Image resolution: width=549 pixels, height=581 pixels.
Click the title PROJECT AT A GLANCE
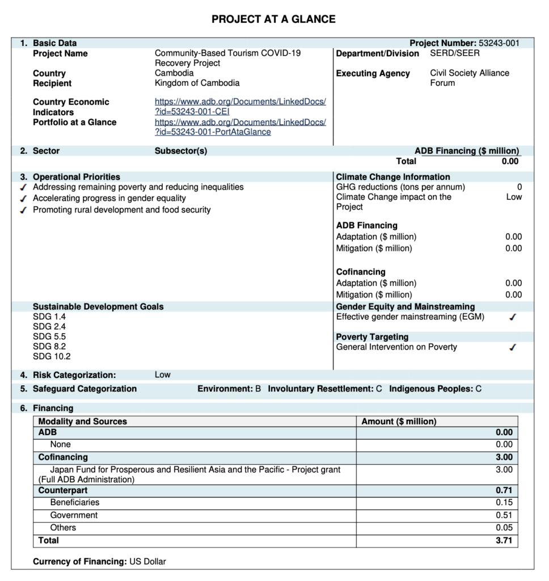(x=273, y=19)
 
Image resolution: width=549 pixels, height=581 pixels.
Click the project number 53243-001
(x=499, y=43)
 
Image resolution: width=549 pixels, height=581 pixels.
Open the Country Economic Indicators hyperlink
(x=240, y=107)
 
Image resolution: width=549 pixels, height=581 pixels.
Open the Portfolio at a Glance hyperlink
(x=240, y=127)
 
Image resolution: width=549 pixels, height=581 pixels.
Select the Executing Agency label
(x=373, y=74)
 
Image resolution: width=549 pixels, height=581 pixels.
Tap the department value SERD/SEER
(x=454, y=53)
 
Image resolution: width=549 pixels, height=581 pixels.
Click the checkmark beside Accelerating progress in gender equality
(x=23, y=199)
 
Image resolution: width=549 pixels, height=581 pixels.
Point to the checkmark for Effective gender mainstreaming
(x=513, y=318)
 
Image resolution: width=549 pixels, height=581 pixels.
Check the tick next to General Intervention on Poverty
(x=513, y=348)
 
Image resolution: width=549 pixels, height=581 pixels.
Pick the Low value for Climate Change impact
(x=514, y=197)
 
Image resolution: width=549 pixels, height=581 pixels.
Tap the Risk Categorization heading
(x=74, y=375)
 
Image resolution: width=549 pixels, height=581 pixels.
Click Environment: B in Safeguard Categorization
(x=229, y=389)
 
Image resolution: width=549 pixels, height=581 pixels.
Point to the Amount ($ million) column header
(x=399, y=422)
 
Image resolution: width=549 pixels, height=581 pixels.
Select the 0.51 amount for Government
(x=504, y=515)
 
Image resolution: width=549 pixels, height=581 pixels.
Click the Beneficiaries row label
(x=74, y=502)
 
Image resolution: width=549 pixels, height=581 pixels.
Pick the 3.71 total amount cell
(x=504, y=541)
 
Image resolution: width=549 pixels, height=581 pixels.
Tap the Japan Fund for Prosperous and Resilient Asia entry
(x=195, y=470)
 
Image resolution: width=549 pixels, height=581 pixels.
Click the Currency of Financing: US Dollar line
(x=99, y=562)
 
